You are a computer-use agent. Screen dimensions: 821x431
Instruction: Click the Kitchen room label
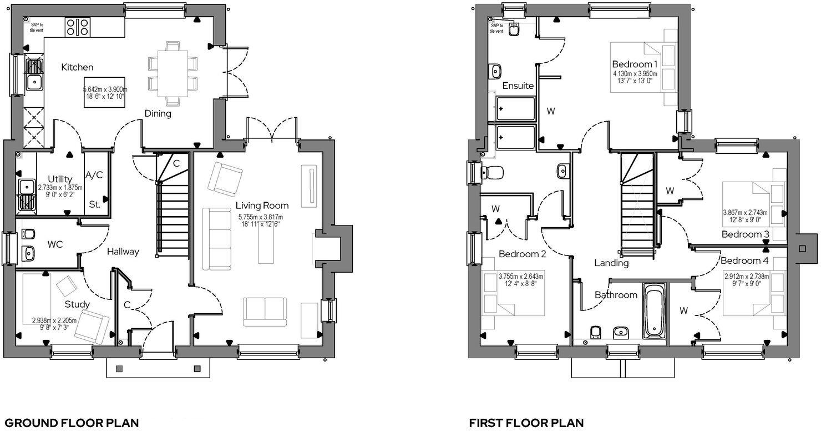point(77,67)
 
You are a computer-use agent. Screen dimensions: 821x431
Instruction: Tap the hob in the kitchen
point(78,27)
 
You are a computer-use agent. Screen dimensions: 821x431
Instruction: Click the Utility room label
point(60,179)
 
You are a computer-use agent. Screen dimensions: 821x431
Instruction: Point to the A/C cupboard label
point(94,175)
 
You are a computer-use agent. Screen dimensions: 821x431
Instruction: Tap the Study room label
point(77,304)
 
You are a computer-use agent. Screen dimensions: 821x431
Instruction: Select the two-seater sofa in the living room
point(264,311)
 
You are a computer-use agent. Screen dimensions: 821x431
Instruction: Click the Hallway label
point(123,252)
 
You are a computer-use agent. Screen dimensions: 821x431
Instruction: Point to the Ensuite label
point(518,86)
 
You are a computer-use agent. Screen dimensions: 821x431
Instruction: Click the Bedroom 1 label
point(635,63)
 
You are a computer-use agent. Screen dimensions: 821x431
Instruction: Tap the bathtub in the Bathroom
point(655,310)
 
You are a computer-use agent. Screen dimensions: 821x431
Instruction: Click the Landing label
point(611,263)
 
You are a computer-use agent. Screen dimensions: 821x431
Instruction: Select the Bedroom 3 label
point(745,234)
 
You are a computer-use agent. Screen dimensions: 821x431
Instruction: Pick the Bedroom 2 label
point(522,254)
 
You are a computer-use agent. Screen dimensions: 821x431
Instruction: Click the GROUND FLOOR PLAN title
point(71,423)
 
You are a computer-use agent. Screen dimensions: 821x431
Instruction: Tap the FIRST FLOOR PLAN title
point(526,423)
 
